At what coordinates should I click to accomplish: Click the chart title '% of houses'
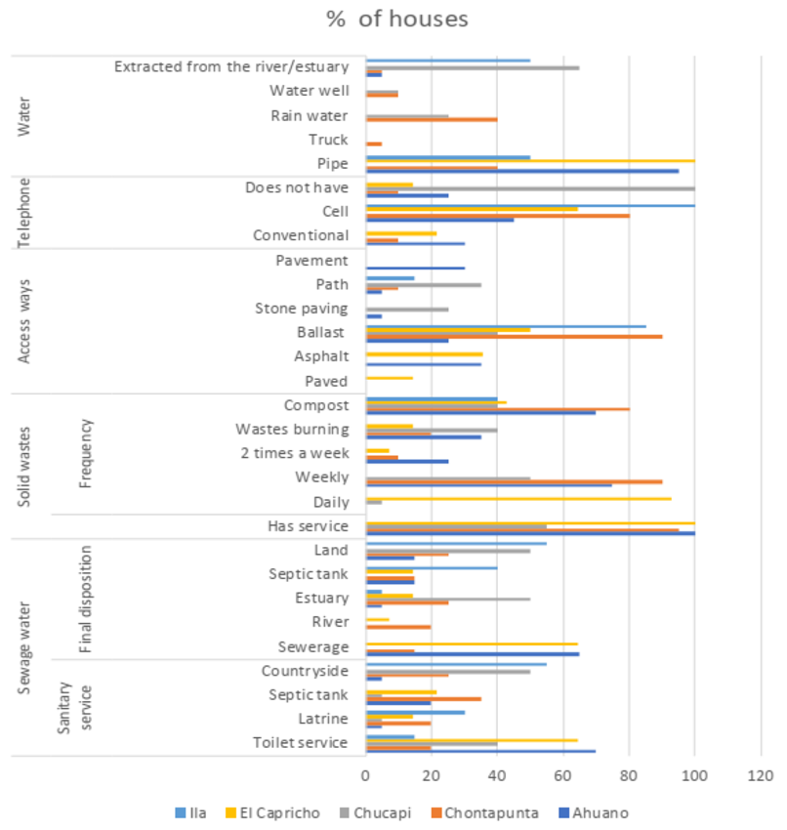[397, 19]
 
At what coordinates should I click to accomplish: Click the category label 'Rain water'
[309, 115]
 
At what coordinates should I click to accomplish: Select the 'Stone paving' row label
[301, 309]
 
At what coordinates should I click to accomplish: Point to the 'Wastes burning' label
[292, 429]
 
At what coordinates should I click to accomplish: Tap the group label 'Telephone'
[26, 212]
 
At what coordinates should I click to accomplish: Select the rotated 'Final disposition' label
[85, 599]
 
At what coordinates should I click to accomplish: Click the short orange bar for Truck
[373, 144]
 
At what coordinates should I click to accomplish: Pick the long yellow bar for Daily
[518, 498]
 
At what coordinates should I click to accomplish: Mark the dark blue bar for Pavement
[414, 268]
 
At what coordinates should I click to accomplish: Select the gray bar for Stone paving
[406, 310]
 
